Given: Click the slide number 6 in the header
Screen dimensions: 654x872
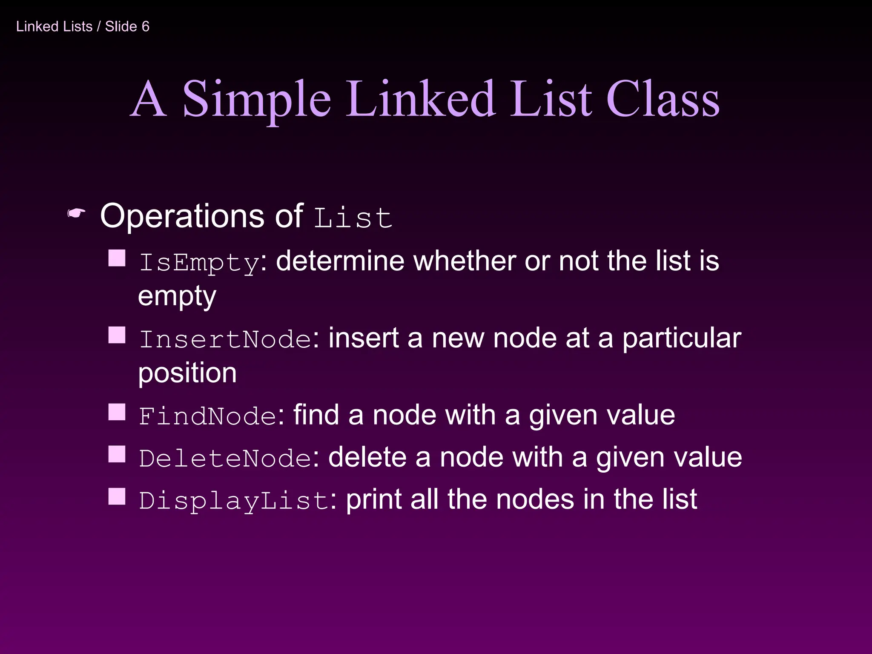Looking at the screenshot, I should click(146, 26).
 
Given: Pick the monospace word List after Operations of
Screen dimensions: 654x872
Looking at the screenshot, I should click(353, 218).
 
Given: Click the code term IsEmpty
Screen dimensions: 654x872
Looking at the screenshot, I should click(199, 263).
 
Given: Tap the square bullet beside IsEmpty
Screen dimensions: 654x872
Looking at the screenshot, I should click(117, 258).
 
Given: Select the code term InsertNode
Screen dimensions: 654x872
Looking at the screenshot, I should click(225, 339).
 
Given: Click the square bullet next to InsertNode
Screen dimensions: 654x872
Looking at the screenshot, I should click(117, 335).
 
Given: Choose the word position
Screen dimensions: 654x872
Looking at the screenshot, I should click(187, 373).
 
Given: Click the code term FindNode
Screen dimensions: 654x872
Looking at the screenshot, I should click(208, 416).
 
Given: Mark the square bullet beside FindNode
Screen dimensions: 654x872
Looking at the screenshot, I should click(117, 412).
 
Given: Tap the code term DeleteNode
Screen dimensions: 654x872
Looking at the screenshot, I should click(225, 459).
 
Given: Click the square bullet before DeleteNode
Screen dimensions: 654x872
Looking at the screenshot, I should click(117, 454).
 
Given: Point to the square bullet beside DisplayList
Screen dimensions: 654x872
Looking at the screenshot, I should click(117, 496).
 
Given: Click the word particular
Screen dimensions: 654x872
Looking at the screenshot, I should click(682, 339).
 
